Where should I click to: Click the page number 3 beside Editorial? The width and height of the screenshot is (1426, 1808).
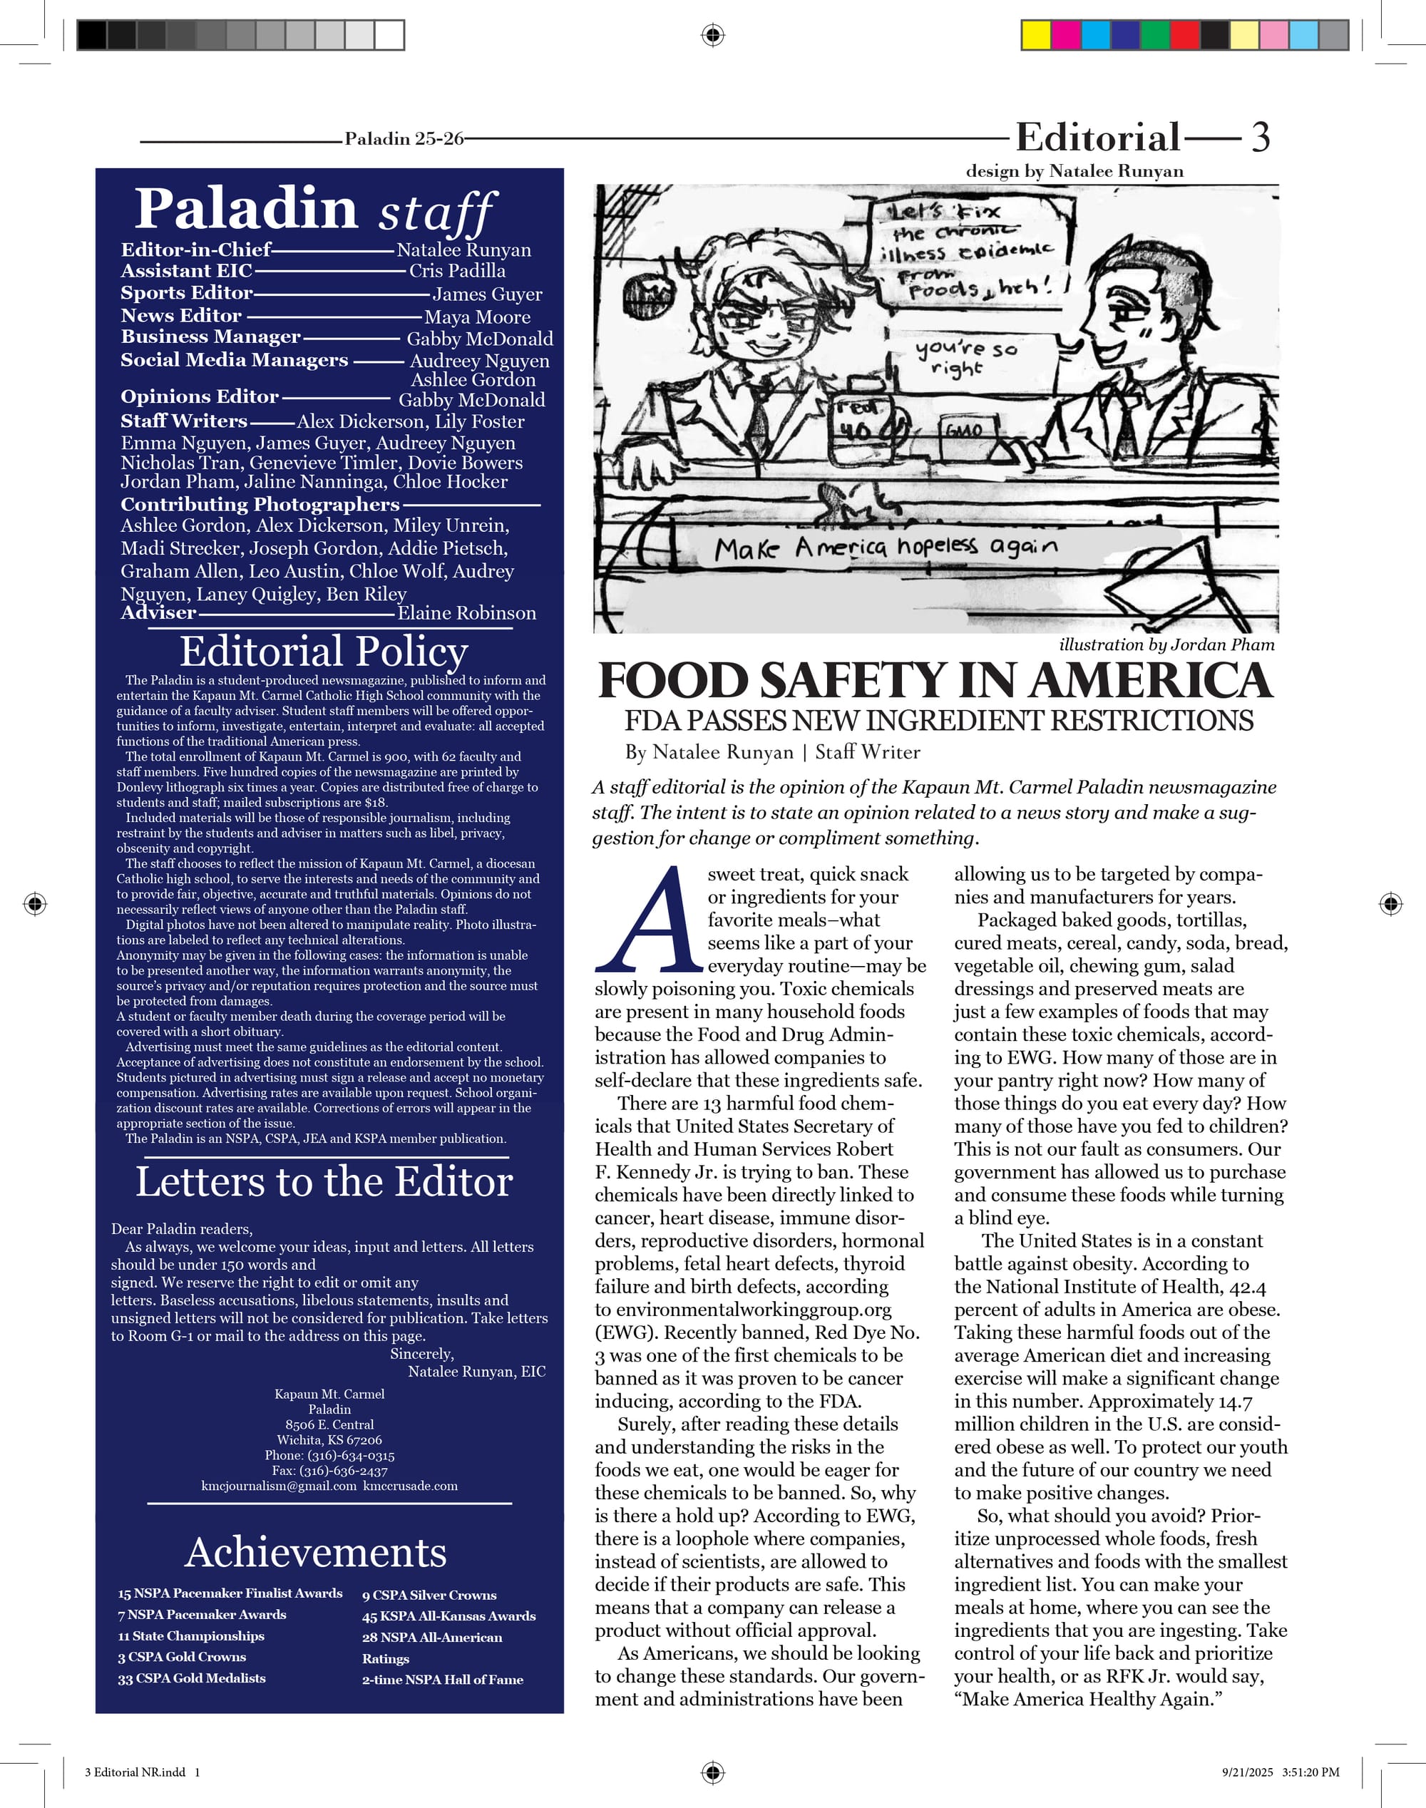coord(1260,137)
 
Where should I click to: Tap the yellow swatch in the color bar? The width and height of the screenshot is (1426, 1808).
coord(1036,35)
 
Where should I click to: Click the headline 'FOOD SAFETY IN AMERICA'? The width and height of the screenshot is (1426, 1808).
coord(935,680)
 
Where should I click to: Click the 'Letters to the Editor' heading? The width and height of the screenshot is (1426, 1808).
coord(324,1182)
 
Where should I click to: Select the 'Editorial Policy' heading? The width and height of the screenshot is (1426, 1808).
coord(324,651)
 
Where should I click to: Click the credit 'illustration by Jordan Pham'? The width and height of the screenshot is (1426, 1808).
coord(1166,644)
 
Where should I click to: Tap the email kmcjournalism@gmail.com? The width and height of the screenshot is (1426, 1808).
coord(278,1486)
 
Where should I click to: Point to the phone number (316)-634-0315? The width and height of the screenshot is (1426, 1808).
coord(351,1455)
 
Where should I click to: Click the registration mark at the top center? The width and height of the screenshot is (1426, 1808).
coord(712,35)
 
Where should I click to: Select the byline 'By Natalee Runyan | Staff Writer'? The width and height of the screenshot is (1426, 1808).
coord(772,752)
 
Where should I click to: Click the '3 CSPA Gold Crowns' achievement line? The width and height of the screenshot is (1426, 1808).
coord(182,1657)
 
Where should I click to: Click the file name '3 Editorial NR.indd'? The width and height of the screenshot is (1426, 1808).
coord(135,1772)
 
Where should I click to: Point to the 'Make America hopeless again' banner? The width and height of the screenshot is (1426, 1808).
coord(885,548)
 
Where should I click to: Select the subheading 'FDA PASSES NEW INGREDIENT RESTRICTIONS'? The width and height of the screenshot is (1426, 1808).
coord(938,720)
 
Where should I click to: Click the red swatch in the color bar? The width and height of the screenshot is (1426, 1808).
coord(1185,35)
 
